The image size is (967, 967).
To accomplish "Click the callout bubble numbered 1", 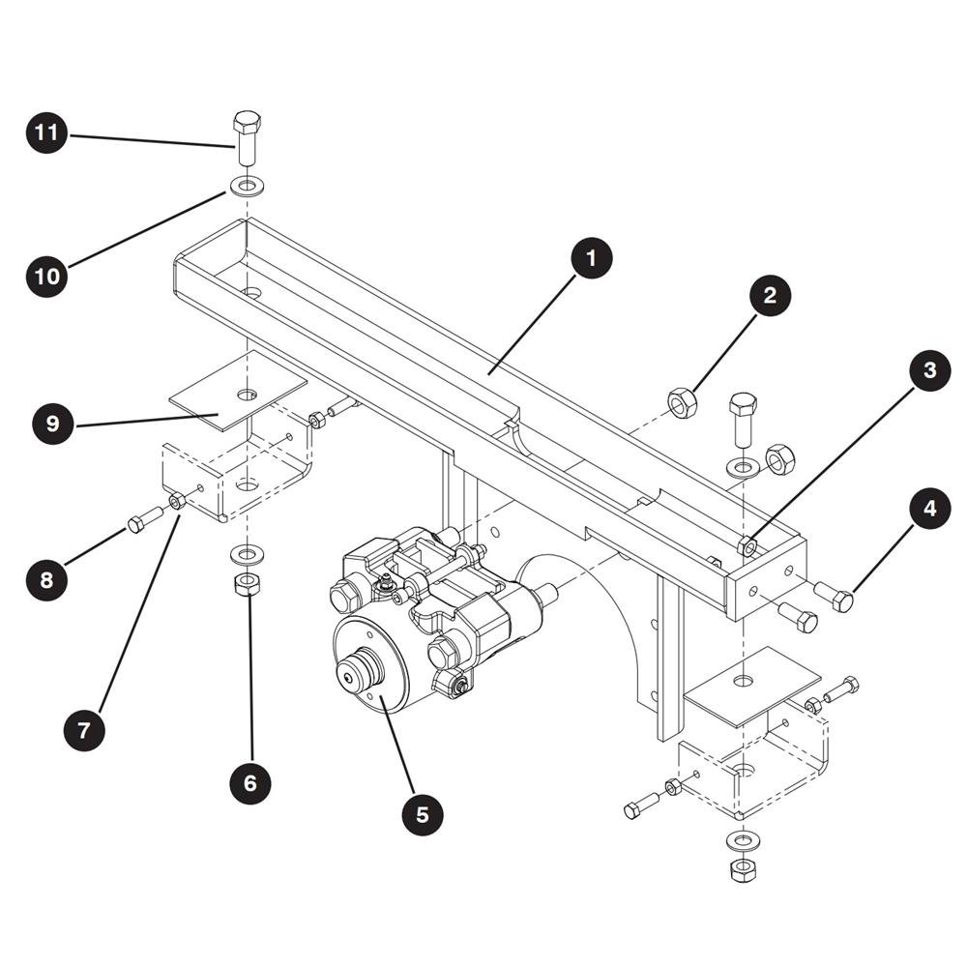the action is coord(592,258).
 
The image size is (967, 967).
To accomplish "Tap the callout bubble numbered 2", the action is coord(770,295).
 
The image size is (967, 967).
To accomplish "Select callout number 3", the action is coord(930,370).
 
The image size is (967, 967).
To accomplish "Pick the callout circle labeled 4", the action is coord(930,509).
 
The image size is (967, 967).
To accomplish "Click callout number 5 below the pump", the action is coord(423,814).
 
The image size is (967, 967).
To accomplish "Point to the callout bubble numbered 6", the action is coord(249,783).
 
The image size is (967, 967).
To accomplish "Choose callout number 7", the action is coord(84,730).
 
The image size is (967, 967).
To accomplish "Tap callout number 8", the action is coord(46,579).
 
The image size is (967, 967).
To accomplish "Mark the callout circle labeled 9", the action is coord(53,424).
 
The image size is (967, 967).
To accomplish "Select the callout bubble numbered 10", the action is coord(46,277).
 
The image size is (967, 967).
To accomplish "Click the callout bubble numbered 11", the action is coord(46,132).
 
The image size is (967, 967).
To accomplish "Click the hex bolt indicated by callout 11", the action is coord(248,137).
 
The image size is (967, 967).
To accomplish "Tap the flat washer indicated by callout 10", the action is coord(248,185).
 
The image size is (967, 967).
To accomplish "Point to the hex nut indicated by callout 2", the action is coord(682,403).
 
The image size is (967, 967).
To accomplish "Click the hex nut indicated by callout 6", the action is coord(248,583).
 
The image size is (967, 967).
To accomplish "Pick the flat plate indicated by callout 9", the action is coord(238,391).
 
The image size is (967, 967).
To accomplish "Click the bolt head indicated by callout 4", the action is coord(842,601).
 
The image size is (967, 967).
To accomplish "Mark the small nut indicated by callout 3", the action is coord(748,545).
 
